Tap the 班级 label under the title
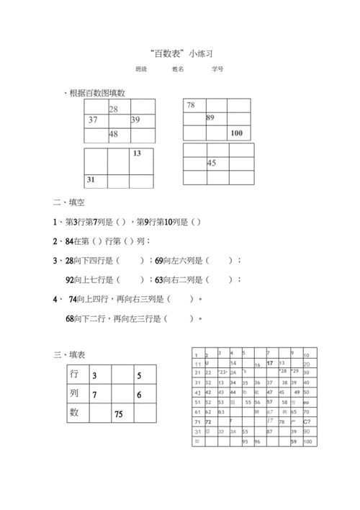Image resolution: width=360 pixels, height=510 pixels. tap(141, 70)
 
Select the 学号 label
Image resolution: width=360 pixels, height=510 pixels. tap(217, 70)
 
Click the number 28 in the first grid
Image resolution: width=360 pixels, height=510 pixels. tap(114, 109)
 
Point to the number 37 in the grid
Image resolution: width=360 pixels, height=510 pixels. tap(93, 120)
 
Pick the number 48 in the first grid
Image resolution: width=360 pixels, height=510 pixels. tap(114, 135)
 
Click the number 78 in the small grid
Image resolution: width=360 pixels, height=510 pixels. tap(191, 106)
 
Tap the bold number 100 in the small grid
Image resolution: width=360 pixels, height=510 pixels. tap(237, 133)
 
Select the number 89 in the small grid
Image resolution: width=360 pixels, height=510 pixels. tap(210, 117)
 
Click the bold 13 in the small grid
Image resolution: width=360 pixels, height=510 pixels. tap(137, 153)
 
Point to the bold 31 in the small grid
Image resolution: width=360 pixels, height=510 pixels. tap(91, 179)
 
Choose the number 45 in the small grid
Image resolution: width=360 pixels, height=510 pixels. tap(212, 164)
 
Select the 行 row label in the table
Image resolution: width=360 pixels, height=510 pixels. tap(74, 375)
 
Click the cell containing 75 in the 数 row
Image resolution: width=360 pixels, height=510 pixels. tap(119, 414)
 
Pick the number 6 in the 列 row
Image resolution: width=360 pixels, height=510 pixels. tap(139, 395)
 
